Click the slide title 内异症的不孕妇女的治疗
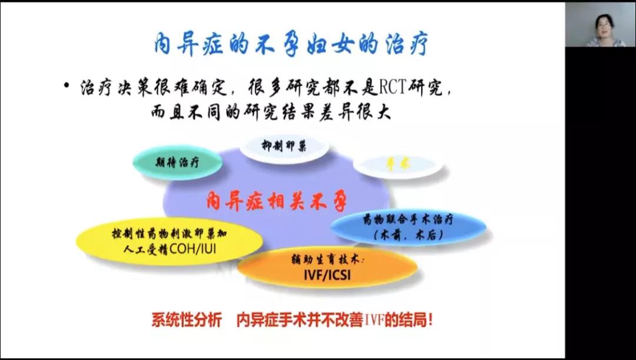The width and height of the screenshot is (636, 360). pyautogui.click(x=291, y=44)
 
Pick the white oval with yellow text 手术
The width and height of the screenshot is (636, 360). pyautogui.click(x=397, y=166)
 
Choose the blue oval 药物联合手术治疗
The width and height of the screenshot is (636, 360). pyautogui.click(x=408, y=227)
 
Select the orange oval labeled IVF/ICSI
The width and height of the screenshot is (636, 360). pyautogui.click(x=327, y=267)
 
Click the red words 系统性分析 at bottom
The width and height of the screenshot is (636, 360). pyautogui.click(x=186, y=321)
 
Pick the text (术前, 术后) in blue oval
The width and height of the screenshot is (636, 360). pyautogui.click(x=408, y=235)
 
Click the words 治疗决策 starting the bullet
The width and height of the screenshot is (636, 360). pyautogui.click(x=108, y=89)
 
